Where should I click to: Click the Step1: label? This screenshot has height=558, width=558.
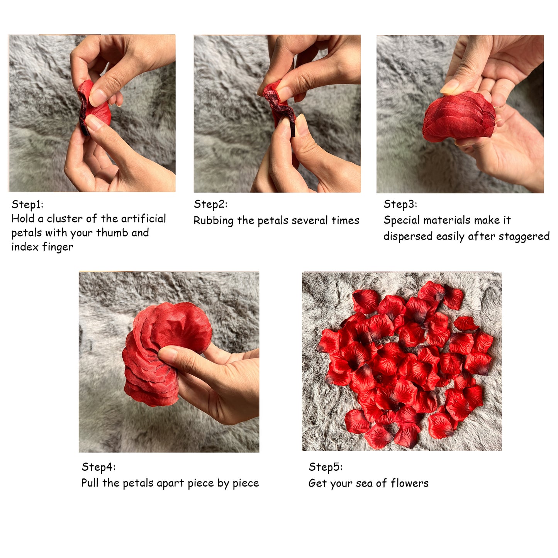pyautogui.click(x=27, y=204)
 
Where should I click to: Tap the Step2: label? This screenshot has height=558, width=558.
pyautogui.click(x=210, y=204)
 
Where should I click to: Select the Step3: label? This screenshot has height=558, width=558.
pyautogui.click(x=400, y=204)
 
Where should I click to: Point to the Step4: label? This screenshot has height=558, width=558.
pyautogui.click(x=98, y=467)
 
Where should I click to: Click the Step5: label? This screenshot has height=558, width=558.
pyautogui.click(x=326, y=467)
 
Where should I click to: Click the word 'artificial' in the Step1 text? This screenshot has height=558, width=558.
pyautogui.click(x=143, y=219)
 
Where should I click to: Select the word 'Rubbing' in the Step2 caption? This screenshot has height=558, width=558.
pyautogui.click(x=214, y=220)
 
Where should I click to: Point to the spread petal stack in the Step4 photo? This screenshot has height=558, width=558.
pyautogui.click(x=162, y=352)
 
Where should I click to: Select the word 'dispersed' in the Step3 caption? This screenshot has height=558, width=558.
pyautogui.click(x=407, y=237)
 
